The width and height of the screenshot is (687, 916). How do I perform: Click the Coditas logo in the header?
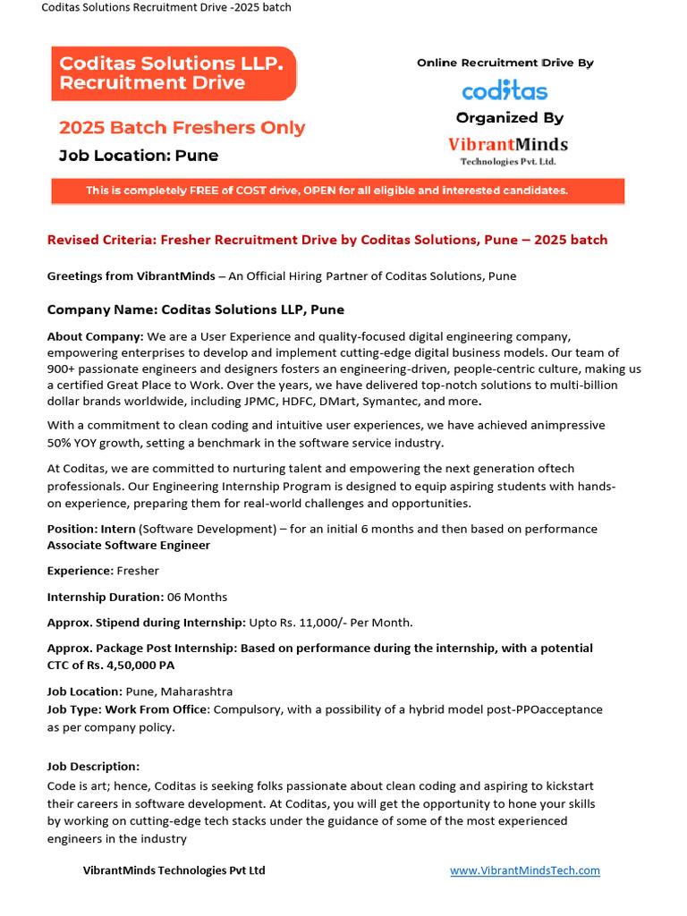point(505,90)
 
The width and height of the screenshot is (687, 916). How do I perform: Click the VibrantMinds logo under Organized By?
point(507,148)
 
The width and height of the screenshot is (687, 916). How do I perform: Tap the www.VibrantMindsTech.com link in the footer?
point(524,870)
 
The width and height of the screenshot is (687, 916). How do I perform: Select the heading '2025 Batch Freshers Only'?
point(182,128)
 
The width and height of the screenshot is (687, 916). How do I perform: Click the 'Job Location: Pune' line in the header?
point(139,156)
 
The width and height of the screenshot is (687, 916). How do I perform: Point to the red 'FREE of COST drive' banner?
point(337,191)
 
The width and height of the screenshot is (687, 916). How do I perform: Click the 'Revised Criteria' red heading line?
point(327,240)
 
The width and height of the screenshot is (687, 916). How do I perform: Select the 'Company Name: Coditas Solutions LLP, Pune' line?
point(195,310)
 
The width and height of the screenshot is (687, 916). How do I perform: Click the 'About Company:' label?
point(95,336)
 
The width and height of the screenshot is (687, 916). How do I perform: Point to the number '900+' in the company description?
point(64,369)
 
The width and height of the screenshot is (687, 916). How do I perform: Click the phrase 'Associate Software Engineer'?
point(129,545)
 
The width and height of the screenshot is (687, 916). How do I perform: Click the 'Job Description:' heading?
point(93,767)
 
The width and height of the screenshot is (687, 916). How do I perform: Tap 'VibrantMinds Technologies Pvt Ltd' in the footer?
point(174,870)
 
